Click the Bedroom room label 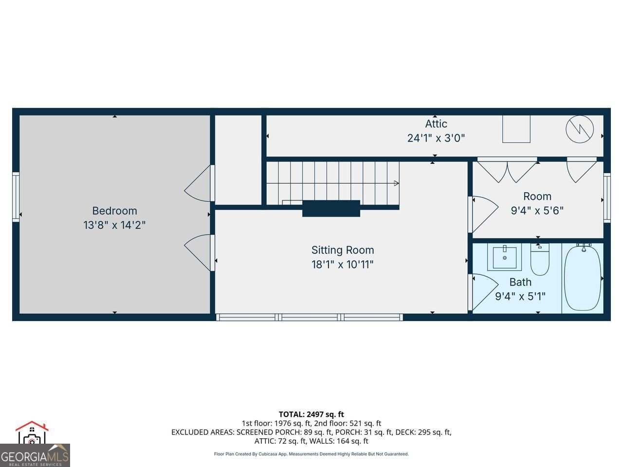[114, 211]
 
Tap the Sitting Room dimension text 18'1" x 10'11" [342, 265]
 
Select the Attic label [436, 124]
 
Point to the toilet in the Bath [540, 259]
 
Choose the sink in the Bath [504, 257]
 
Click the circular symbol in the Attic [580, 129]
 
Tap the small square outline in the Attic [516, 129]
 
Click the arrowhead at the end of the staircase [397, 183]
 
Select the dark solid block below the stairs [331, 208]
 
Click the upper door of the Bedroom [200, 183]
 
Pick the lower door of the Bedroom [200, 252]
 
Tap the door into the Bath [483, 292]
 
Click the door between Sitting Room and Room [483, 215]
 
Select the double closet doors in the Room [507, 170]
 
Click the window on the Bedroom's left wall [16, 197]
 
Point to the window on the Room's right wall [607, 198]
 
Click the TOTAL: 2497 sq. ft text [311, 414]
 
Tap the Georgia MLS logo [35, 444]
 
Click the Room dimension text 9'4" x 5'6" [537, 211]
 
